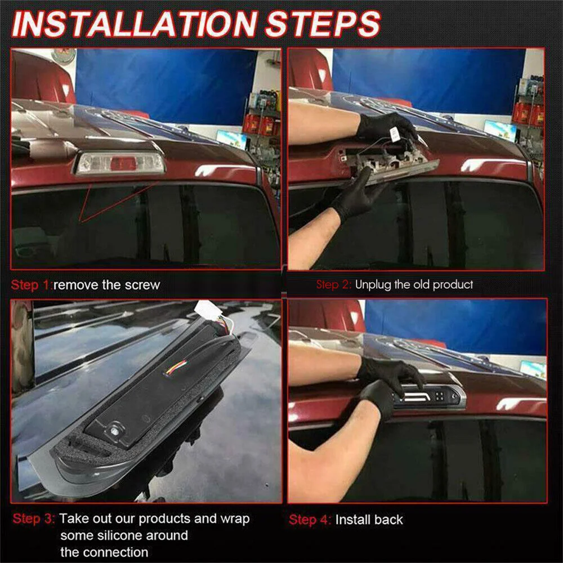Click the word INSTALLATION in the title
point(135,24)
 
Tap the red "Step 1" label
point(30,285)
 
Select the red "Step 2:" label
point(333,285)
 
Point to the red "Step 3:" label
point(34,519)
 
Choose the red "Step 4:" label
point(310,520)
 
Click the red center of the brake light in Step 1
point(123,164)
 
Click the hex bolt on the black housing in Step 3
point(115,430)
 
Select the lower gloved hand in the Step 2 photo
point(356,196)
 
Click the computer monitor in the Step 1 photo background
point(231,139)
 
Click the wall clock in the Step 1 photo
point(64,55)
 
